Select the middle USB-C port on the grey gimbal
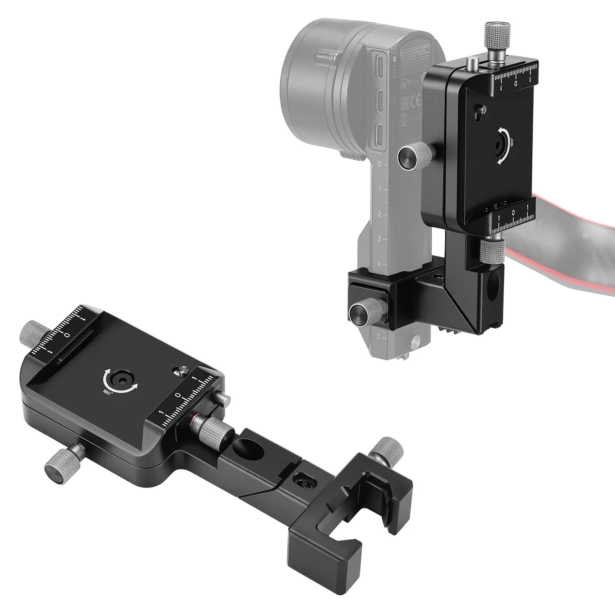click(379, 100)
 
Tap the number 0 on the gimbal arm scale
click(380, 164)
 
